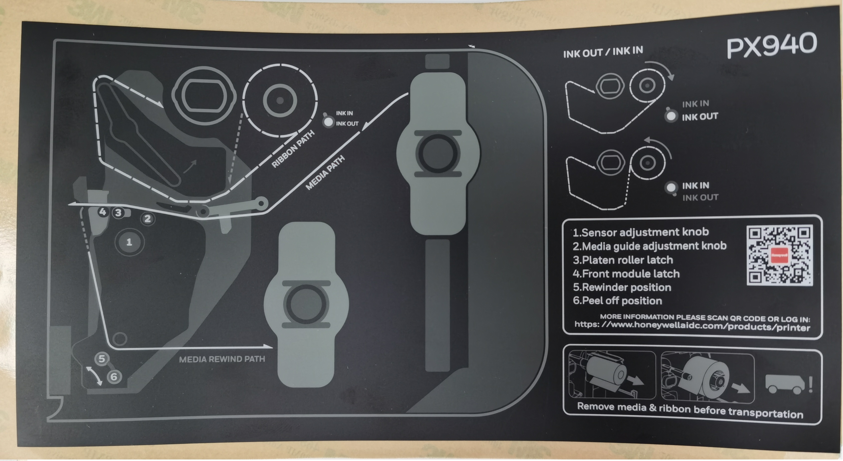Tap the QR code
[x=780, y=255]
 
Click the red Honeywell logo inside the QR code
[x=779, y=255]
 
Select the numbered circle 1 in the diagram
[x=129, y=242]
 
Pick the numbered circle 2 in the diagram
[x=148, y=219]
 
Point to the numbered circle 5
[x=102, y=359]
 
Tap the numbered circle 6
[x=114, y=377]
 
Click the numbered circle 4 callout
[x=103, y=212]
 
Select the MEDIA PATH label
[x=325, y=172]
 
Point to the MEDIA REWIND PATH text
[x=222, y=359]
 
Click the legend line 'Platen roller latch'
[x=623, y=260]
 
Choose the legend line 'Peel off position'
[x=617, y=301]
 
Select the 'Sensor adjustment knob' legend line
[x=641, y=232]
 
